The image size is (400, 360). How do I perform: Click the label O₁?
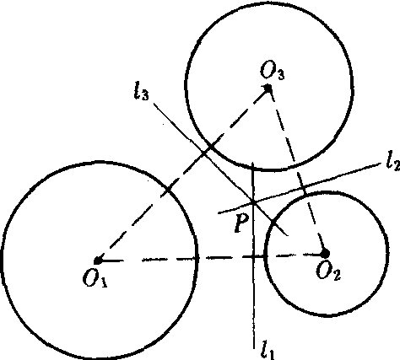coord(95,279)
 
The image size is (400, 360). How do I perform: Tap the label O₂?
coord(328,271)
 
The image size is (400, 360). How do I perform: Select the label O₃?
coord(272,71)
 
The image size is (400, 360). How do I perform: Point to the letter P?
coord(241,223)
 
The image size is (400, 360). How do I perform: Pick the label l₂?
coord(393,162)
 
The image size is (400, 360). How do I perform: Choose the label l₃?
coord(142,91)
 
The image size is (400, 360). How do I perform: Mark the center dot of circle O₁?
coord(97,261)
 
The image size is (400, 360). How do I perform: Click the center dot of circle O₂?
coord(325,254)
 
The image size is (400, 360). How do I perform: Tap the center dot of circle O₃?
coord(268,89)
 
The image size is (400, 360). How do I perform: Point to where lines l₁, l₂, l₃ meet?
coord(253,202)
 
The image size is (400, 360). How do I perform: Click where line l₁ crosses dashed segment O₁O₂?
coord(254,256)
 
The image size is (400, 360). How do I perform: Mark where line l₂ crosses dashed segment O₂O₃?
coord(304,187)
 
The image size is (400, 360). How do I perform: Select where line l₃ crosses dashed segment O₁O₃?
coord(204,153)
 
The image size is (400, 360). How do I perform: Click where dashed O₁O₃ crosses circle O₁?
coord(168,190)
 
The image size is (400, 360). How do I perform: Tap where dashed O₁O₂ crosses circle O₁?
coord(196,258)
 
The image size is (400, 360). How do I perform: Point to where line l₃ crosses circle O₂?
coord(273,221)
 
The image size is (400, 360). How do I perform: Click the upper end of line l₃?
coord(154,104)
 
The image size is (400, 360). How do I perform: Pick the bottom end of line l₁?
coord(254,348)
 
